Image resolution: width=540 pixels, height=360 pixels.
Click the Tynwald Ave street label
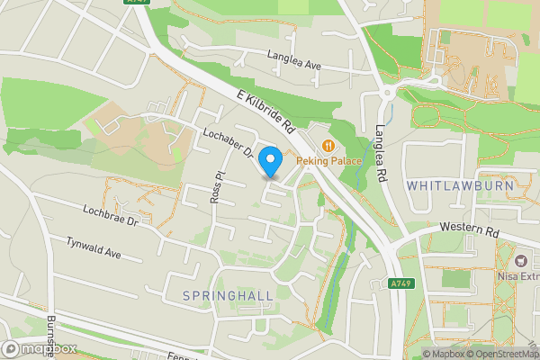click(x=94, y=247)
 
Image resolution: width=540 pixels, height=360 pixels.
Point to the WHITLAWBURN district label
click(x=460, y=185)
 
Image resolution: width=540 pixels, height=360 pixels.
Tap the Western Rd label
click(x=469, y=231)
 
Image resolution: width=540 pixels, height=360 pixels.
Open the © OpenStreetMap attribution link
click(x=501, y=354)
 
